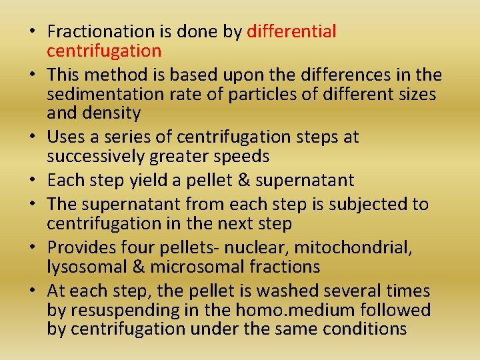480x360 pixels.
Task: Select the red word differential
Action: click(x=291, y=31)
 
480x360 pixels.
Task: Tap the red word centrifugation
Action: click(x=104, y=51)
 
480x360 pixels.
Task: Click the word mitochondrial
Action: click(x=354, y=248)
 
